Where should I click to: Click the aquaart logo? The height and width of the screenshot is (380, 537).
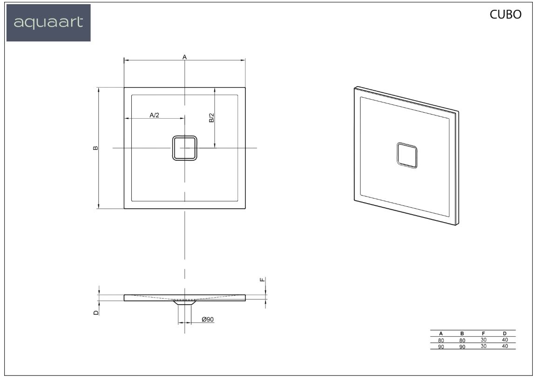click(x=48, y=23)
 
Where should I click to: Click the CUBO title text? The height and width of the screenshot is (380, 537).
click(x=505, y=14)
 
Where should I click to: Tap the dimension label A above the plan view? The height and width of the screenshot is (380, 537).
click(x=184, y=57)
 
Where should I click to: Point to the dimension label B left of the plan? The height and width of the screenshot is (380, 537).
click(x=95, y=148)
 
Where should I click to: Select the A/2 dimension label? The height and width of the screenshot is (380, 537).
click(x=155, y=115)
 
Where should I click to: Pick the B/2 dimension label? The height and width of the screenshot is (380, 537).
click(x=211, y=118)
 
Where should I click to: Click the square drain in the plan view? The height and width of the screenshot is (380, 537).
click(x=184, y=148)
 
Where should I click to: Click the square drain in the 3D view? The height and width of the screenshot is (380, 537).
click(x=407, y=156)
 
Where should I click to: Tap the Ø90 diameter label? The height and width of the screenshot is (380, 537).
click(x=208, y=319)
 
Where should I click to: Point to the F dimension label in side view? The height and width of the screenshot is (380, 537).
click(x=262, y=280)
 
